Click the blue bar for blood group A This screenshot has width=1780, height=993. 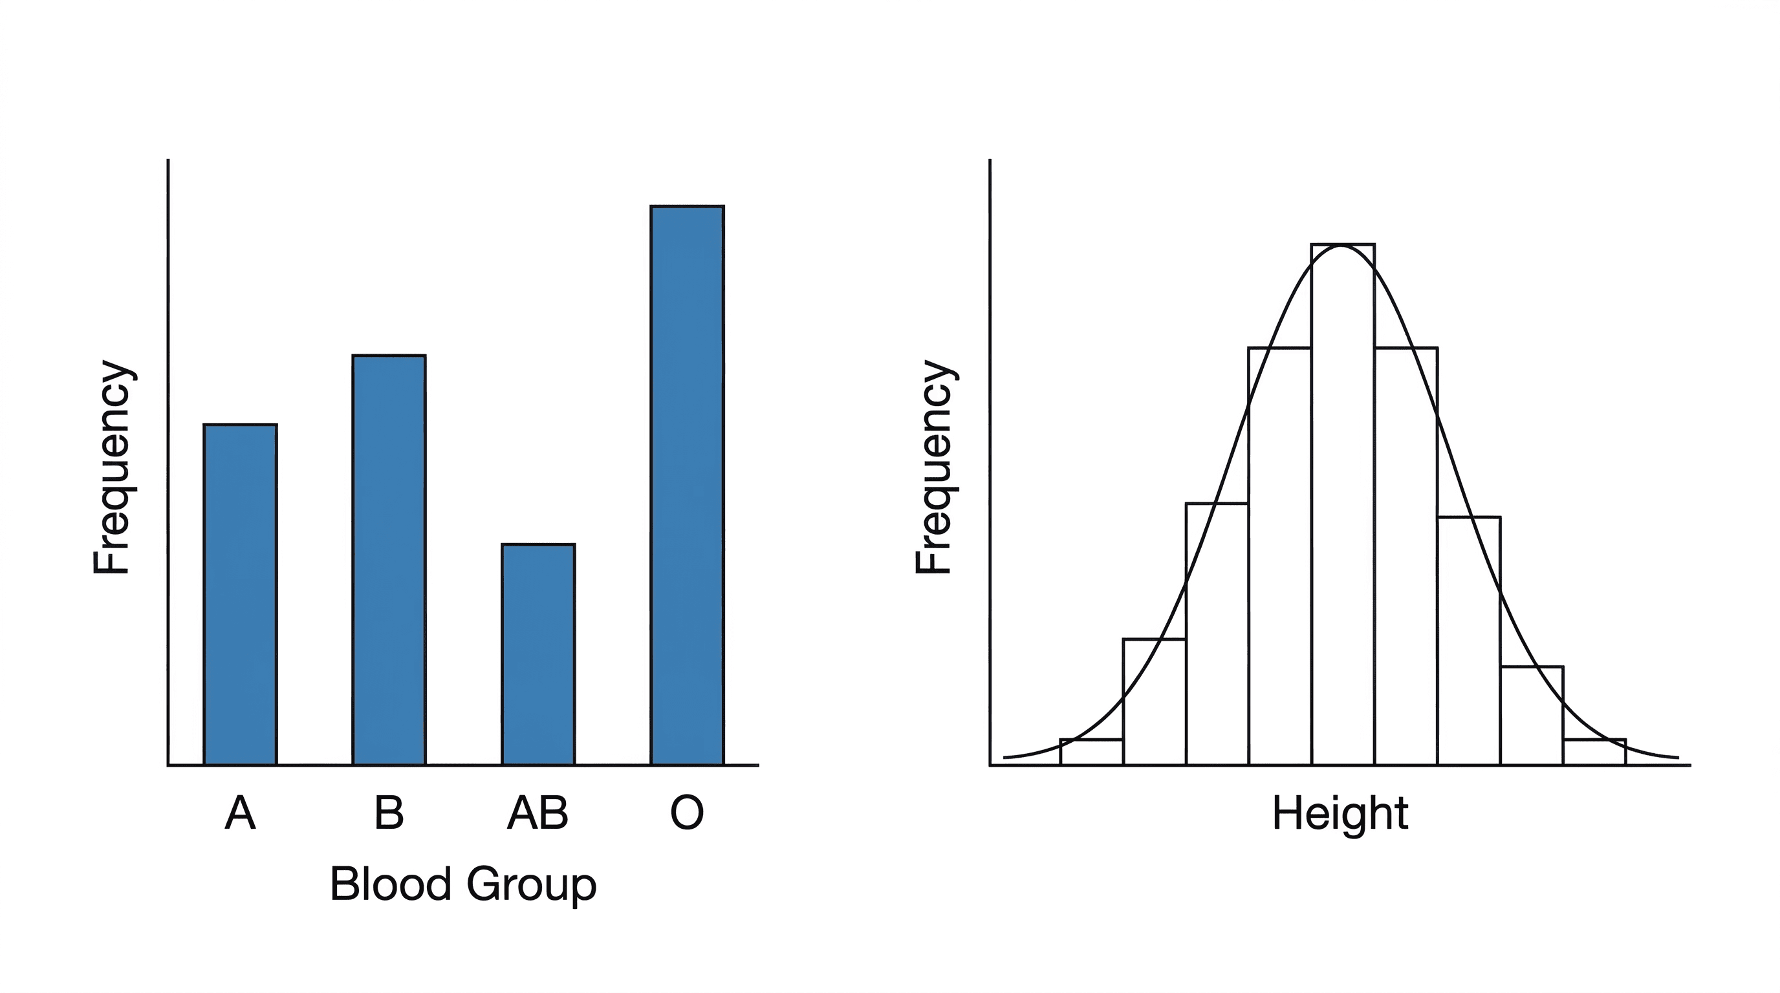point(240,594)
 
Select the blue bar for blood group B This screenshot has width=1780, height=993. point(389,559)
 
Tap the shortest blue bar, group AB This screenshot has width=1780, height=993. point(538,654)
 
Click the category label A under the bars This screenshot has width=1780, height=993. point(240,813)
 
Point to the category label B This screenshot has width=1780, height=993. point(389,813)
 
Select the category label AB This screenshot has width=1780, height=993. point(538,813)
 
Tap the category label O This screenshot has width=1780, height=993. point(687,813)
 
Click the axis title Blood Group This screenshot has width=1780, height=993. point(463,884)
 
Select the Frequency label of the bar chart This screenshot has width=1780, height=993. point(112,467)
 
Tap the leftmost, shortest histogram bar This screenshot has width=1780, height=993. point(1092,753)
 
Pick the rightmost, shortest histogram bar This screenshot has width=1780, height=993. point(1594,753)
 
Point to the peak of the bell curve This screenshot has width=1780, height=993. point(1342,246)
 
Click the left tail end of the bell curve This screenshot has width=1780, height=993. point(1006,758)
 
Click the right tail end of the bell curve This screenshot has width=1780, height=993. point(1677,758)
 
